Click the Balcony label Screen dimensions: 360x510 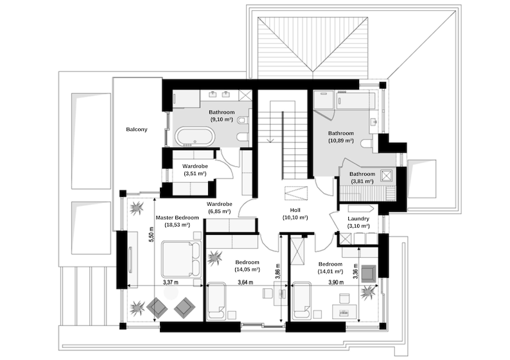point(136,130)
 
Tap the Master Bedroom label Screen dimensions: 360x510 point(177,218)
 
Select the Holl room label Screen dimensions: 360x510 point(295,210)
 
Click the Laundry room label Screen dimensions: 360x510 point(358,218)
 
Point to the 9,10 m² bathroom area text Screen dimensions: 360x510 point(222,119)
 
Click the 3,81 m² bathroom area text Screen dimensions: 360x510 point(362,182)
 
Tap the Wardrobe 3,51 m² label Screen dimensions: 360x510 point(194,173)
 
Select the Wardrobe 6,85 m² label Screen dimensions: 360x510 point(219,211)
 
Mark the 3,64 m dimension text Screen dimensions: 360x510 point(245,282)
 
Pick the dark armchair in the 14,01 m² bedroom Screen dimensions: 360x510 point(369,273)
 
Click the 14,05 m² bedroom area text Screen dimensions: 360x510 point(247,270)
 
